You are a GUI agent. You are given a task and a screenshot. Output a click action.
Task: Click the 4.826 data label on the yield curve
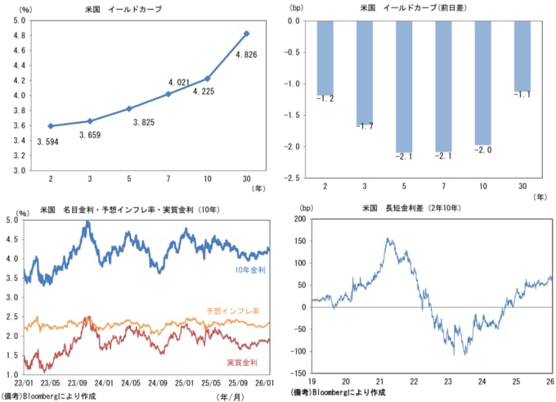click(x=248, y=55)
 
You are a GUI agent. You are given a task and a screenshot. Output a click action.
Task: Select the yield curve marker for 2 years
click(x=51, y=126)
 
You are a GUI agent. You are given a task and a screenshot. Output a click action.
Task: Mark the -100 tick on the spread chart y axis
click(x=299, y=352)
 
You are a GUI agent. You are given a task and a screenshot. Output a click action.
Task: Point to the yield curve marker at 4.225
click(x=208, y=79)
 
